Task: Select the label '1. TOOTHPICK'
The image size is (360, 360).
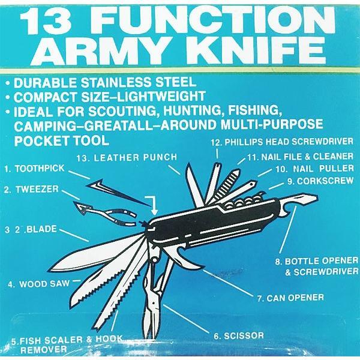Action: (35, 169)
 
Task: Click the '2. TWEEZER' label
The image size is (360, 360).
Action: (31, 190)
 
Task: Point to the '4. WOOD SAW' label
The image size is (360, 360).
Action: (39, 284)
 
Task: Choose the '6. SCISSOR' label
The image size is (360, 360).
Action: (239, 336)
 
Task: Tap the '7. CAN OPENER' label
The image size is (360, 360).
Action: (290, 298)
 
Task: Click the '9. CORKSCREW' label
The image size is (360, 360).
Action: (320, 181)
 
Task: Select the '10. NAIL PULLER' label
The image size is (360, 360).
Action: (314, 169)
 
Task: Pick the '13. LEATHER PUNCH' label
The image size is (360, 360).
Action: (127, 157)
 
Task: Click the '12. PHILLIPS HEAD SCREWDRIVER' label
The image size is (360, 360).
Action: (282, 142)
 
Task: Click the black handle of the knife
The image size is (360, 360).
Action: (214, 224)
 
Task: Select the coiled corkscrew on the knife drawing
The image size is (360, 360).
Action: (244, 201)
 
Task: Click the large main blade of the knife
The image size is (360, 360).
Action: (97, 253)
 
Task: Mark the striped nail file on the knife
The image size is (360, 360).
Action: (226, 184)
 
